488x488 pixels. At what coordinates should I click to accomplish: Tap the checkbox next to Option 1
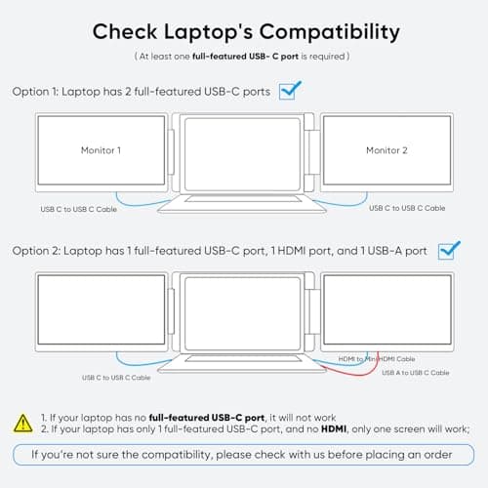[x=288, y=91]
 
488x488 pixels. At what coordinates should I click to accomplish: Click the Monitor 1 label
[x=101, y=150]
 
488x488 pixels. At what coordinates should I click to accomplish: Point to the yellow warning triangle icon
[x=20, y=422]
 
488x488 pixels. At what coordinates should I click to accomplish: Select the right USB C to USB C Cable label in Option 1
[x=407, y=208]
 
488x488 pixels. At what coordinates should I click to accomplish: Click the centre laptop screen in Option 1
[x=242, y=152]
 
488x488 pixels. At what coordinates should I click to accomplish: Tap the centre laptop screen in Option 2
[x=242, y=311]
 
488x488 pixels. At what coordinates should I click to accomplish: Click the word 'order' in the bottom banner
[x=429, y=454]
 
